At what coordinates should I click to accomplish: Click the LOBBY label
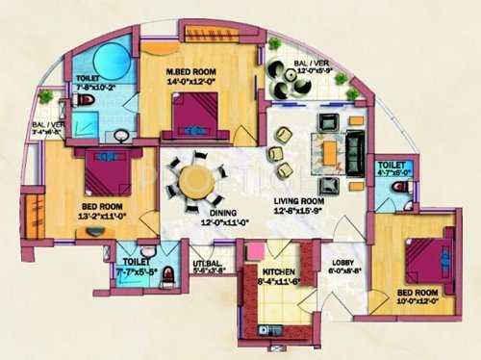pyautogui.click(x=345, y=261)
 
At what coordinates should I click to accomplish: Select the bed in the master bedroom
pyautogui.click(x=202, y=115)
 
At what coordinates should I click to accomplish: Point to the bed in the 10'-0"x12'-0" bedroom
pyautogui.click(x=429, y=258)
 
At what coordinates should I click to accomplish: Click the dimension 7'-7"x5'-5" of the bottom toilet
pyautogui.click(x=137, y=270)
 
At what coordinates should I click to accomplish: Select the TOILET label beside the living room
pyautogui.click(x=392, y=164)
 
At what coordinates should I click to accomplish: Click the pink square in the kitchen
pyautogui.click(x=256, y=251)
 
